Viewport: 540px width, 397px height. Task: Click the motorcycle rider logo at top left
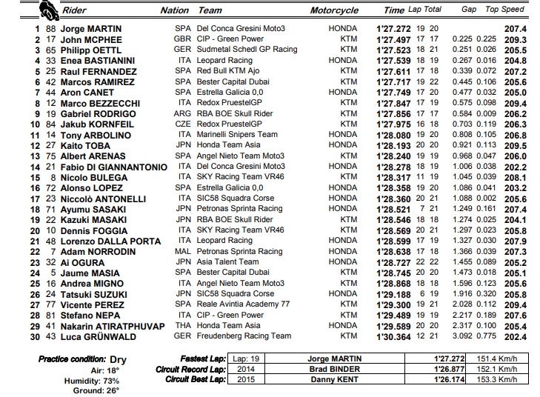pyautogui.click(x=48, y=11)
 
